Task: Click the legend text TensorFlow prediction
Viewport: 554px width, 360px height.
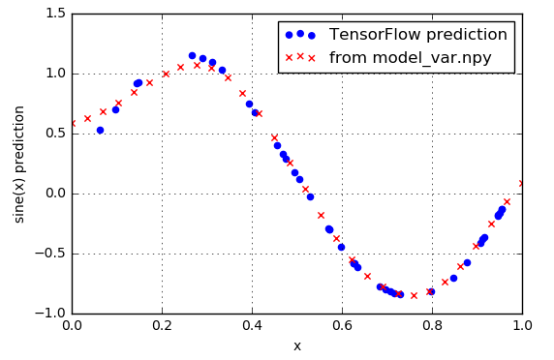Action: pyautogui.click(x=417, y=35)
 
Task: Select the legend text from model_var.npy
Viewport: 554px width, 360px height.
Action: pyautogui.click(x=410, y=58)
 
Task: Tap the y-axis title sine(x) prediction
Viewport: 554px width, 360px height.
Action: pyautogui.click(x=19, y=163)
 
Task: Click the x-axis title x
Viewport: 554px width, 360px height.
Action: pyautogui.click(x=296, y=345)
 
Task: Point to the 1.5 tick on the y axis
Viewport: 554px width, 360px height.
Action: pyautogui.click(x=54, y=13)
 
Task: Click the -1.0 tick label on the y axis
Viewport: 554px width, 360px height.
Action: pyautogui.click(x=50, y=314)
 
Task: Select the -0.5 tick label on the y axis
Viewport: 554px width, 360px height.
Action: pyautogui.click(x=50, y=254)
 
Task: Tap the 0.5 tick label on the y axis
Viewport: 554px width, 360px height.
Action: pyautogui.click(x=54, y=134)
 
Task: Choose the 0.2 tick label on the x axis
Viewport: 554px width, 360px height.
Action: pyautogui.click(x=162, y=327)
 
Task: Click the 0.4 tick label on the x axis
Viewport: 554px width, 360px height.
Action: pyautogui.click(x=252, y=327)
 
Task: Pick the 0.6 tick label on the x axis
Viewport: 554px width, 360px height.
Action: pyautogui.click(x=342, y=327)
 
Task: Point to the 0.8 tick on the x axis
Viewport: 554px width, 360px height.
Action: pyautogui.click(x=432, y=327)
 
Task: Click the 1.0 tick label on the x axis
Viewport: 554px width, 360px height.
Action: pyautogui.click(x=522, y=327)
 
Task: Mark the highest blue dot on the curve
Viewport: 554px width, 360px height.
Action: pyautogui.click(x=192, y=56)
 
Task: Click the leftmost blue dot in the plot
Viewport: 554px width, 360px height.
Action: pyautogui.click(x=100, y=130)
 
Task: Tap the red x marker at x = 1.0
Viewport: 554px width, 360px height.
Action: pyautogui.click(x=522, y=183)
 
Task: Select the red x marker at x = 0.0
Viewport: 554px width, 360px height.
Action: pyautogui.click(x=72, y=124)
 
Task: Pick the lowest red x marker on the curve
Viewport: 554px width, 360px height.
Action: pyautogui.click(x=414, y=295)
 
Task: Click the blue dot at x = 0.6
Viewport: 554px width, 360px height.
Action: pyautogui.click(x=341, y=247)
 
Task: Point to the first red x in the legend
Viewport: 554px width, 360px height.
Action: pyautogui.click(x=288, y=58)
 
